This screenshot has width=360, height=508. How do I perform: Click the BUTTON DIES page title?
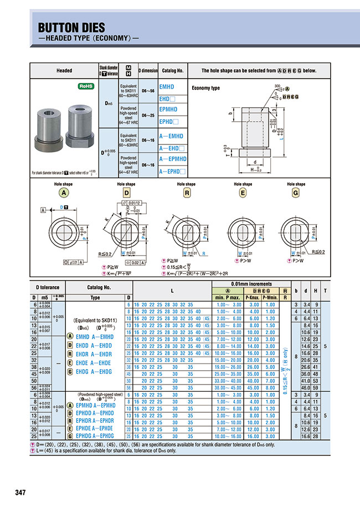pyautogui.click(x=71, y=28)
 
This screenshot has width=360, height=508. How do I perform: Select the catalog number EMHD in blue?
pyautogui.click(x=167, y=87)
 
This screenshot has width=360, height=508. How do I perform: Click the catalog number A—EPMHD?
pyautogui.click(x=172, y=159)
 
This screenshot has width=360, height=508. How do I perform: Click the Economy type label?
pyautogui.click(x=205, y=89)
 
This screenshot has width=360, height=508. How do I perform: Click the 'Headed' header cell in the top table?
pyautogui.click(x=64, y=71)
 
